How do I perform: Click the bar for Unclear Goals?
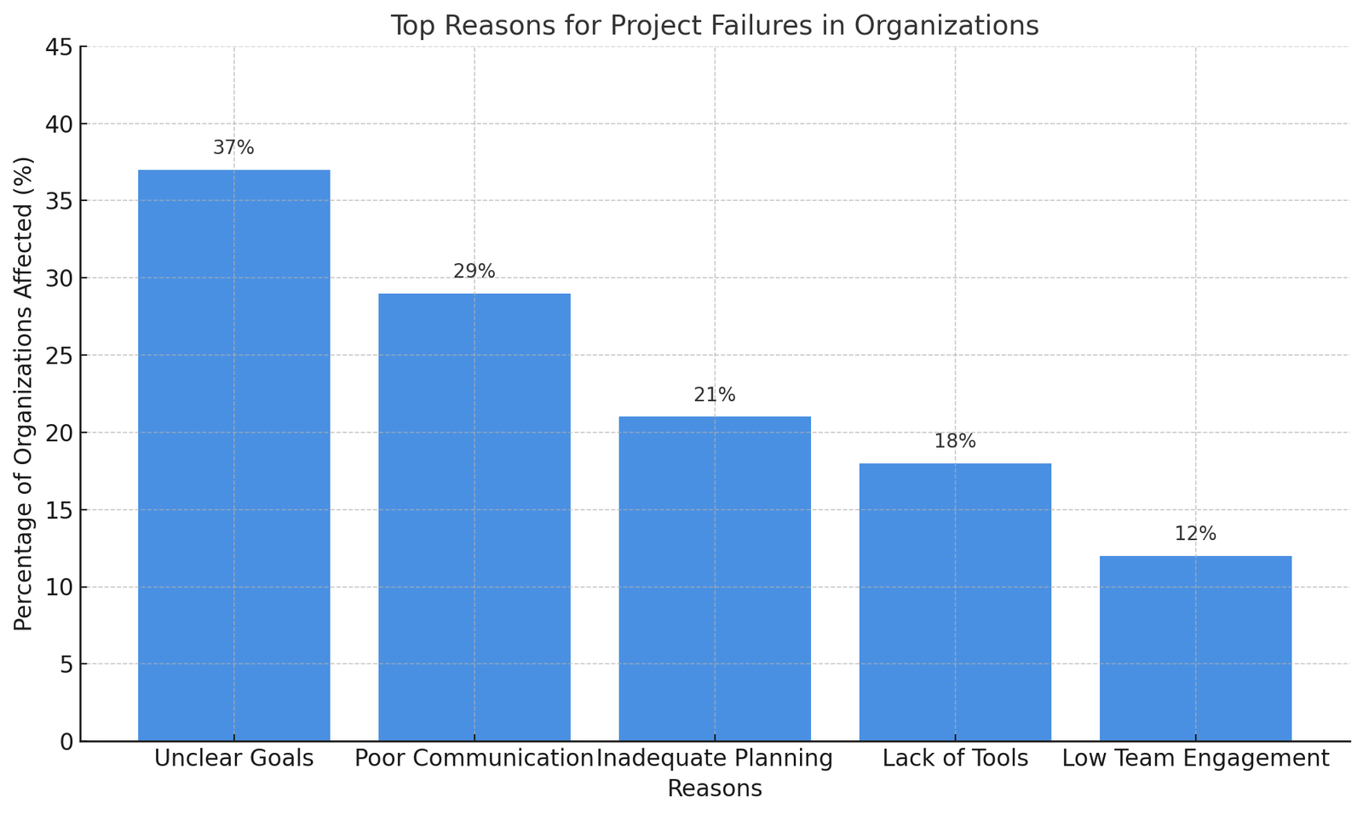click(234, 456)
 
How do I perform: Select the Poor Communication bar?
click(474, 517)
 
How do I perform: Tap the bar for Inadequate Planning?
click(715, 579)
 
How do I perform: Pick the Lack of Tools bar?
click(955, 602)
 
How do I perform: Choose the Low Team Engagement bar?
click(1195, 648)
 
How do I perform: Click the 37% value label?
click(233, 148)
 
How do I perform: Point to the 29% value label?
click(474, 272)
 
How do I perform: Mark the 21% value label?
click(715, 395)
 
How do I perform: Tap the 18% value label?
click(955, 442)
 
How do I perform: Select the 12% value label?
click(1195, 535)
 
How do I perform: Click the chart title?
click(714, 26)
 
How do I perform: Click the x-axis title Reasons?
click(714, 789)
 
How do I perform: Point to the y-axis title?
click(24, 393)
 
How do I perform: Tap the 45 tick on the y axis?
click(59, 48)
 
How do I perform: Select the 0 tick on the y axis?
click(66, 742)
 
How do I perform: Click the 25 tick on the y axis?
click(59, 356)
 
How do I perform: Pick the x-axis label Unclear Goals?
click(234, 759)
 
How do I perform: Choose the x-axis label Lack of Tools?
click(955, 759)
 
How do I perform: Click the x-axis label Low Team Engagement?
click(1195, 759)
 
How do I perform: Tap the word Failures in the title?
click(804, 26)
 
